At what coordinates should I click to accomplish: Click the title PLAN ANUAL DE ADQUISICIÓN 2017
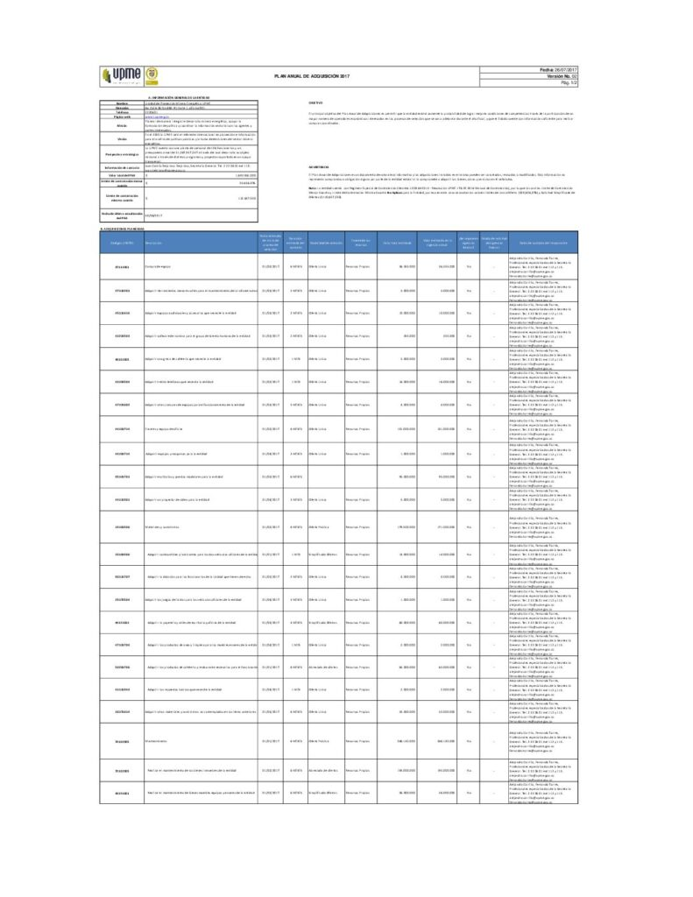[x=312, y=78]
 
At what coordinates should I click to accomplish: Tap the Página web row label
[x=122, y=115]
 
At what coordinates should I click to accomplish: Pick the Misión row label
[x=122, y=124]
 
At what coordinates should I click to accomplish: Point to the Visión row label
[x=122, y=138]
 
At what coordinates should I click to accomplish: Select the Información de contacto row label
[x=122, y=166]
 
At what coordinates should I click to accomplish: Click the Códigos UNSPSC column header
[x=122, y=242]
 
